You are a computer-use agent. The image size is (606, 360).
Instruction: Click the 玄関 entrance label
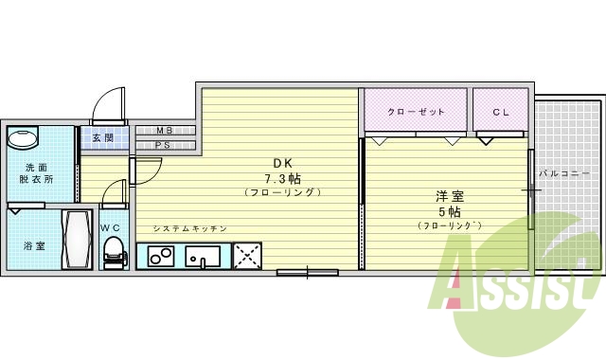103,138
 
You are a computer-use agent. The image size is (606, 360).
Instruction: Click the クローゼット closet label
416,113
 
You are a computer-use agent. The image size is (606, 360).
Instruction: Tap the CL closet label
501,113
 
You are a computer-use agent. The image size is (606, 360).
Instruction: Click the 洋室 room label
449,196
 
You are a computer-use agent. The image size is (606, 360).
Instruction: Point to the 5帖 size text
449,212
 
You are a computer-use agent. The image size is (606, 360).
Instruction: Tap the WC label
111,227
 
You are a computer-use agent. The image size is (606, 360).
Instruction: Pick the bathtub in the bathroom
76,242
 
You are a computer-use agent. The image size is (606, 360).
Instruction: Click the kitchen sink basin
203,256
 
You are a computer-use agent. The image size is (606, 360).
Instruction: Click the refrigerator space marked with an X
248,256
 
